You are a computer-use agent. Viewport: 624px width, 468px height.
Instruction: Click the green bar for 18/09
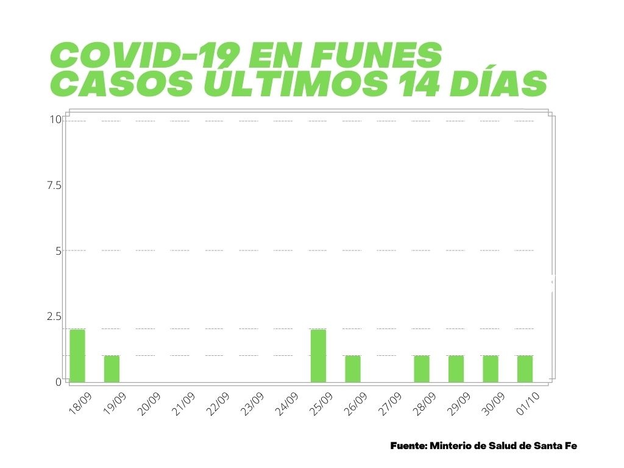[x=77, y=356]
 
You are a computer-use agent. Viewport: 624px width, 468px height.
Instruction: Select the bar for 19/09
[x=112, y=369]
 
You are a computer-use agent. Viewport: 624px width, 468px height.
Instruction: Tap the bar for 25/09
[x=318, y=356]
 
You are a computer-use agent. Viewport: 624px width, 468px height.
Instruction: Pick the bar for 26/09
[x=353, y=369]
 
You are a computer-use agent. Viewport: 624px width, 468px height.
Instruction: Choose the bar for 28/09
[x=422, y=369]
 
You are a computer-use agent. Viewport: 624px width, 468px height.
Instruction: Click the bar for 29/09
[x=456, y=369]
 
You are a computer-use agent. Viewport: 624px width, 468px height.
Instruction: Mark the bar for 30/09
[x=491, y=369]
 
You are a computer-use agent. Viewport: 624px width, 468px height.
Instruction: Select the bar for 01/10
[x=525, y=369]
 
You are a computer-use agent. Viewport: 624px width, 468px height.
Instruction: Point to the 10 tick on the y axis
[x=55, y=119]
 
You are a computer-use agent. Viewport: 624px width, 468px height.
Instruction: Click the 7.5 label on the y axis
[x=54, y=185]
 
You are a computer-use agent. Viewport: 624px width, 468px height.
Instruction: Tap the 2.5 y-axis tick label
[x=54, y=316]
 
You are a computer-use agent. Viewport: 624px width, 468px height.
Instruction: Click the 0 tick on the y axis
[x=58, y=382]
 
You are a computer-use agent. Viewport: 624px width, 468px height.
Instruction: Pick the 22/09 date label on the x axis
[x=218, y=404]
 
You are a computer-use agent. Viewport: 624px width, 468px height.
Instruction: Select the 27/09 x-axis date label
[x=390, y=404]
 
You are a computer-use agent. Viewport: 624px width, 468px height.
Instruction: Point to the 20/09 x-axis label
[x=149, y=404]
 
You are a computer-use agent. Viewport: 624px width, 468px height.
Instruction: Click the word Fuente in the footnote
[x=408, y=446]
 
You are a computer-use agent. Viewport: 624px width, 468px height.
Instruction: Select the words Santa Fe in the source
[x=555, y=446]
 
